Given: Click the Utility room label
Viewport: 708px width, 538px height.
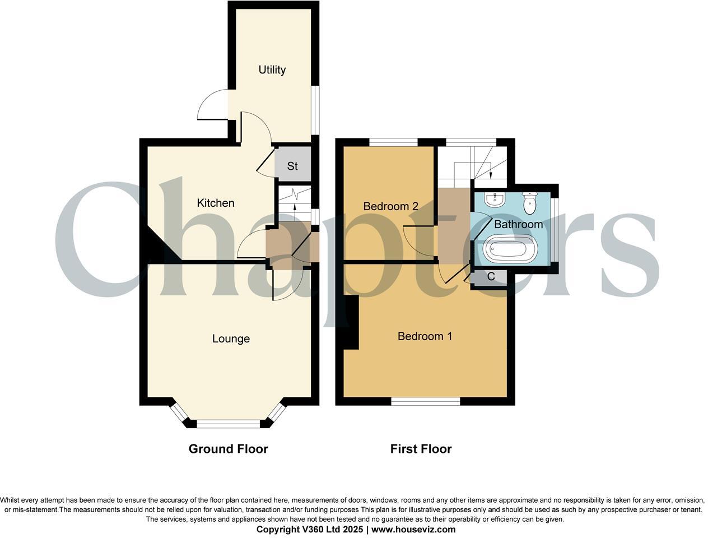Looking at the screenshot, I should pos(272,70).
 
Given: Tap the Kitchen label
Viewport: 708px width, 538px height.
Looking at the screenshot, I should pos(216,203).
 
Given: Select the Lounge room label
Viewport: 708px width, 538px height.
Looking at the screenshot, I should pos(231,338).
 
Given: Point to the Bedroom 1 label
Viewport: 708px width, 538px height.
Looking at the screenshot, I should pos(425,336).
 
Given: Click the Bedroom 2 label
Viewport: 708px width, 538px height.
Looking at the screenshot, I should pos(390,206).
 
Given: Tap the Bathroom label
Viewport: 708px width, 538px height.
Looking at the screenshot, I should pos(518,224).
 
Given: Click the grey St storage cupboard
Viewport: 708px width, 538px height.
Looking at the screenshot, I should pos(293,166).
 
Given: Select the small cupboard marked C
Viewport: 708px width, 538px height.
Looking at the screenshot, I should pos(491,276).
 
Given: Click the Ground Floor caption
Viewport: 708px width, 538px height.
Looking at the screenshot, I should pos(228,449).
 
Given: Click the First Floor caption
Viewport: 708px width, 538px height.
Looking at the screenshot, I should pos(421,449).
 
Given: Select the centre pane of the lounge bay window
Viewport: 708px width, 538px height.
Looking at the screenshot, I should pos(228,424).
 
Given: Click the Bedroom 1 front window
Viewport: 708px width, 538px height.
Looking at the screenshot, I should pos(425,401).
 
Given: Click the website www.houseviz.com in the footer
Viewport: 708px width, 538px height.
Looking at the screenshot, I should pos(413,529).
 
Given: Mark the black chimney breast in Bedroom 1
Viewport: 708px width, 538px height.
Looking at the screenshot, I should pos(351,322).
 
